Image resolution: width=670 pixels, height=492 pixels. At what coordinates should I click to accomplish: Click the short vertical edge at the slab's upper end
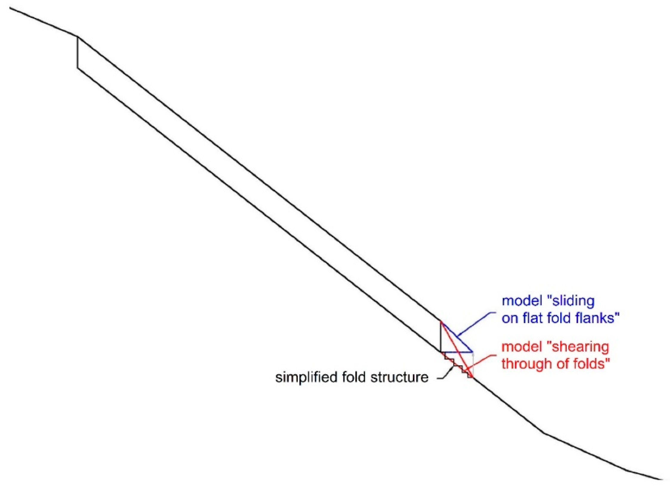click(77, 52)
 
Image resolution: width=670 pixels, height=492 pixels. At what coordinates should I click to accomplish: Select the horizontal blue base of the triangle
click(456, 352)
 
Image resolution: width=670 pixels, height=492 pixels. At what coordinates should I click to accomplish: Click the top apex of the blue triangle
click(441, 321)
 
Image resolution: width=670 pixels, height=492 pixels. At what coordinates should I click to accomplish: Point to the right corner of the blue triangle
click(472, 352)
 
